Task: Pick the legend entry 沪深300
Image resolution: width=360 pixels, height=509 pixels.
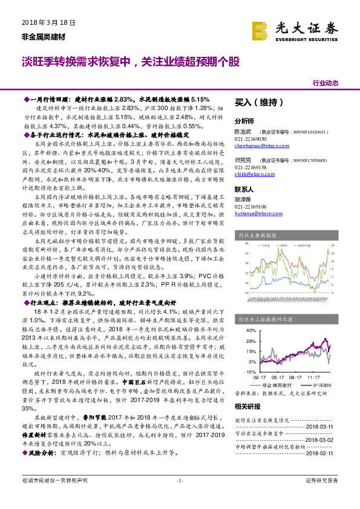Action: [323, 384]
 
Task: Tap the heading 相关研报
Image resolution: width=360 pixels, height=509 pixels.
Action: [248, 406]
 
